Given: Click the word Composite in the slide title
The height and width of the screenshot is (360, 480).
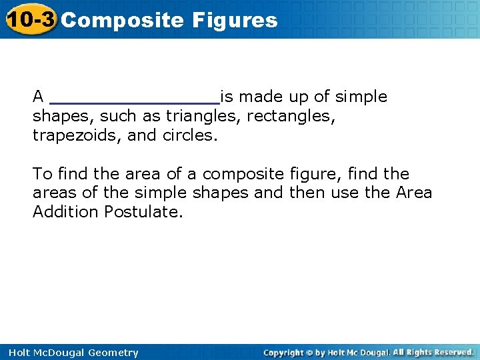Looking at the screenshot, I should [122, 20].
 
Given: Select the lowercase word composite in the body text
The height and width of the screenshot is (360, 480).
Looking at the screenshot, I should [244, 175].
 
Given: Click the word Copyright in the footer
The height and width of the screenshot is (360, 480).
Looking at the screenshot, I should [284, 352].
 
